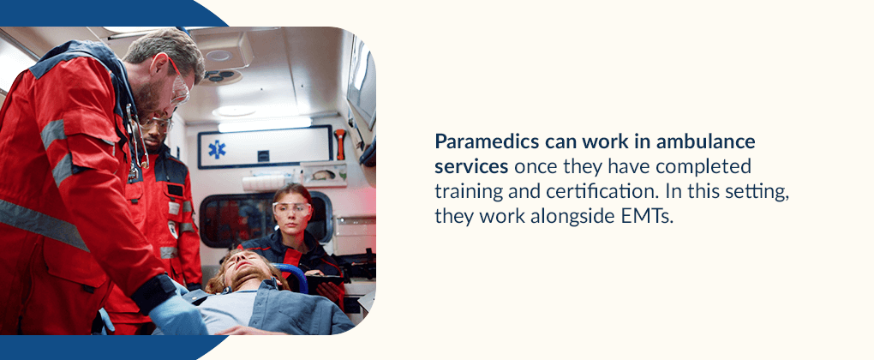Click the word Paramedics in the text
[x=485, y=142]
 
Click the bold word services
[x=471, y=166]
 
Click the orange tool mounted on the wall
[x=340, y=144]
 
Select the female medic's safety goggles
[x=291, y=209]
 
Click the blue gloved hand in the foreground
[x=177, y=314]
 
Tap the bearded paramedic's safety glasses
[x=178, y=84]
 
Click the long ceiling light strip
[x=264, y=125]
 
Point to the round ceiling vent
[x=218, y=56]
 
